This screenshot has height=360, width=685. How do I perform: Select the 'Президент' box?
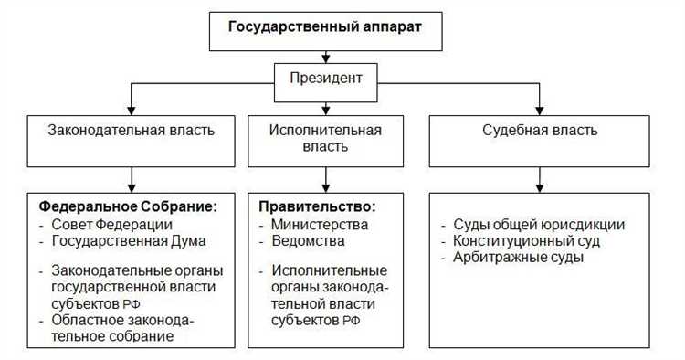click(x=326, y=78)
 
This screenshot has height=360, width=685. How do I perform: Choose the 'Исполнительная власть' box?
click(x=325, y=137)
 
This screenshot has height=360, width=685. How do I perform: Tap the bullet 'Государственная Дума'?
click(x=129, y=240)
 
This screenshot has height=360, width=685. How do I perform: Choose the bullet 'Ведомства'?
click(x=308, y=240)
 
